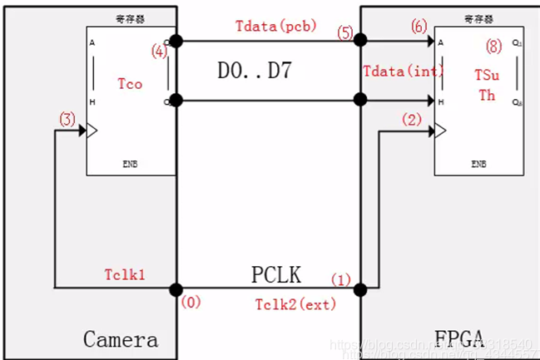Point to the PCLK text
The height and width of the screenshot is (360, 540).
pyautogui.click(x=276, y=274)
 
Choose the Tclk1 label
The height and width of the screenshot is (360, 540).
pyautogui.click(x=125, y=275)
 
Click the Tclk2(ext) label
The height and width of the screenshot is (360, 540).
pyautogui.click(x=295, y=304)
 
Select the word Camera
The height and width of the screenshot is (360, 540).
pyautogui.click(x=121, y=339)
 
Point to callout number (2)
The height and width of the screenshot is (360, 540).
pyautogui.click(x=411, y=119)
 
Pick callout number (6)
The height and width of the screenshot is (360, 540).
pyautogui.click(x=419, y=27)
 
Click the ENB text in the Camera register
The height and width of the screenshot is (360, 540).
pyautogui.click(x=131, y=165)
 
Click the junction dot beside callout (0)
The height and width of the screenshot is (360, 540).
pyautogui.click(x=176, y=289)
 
